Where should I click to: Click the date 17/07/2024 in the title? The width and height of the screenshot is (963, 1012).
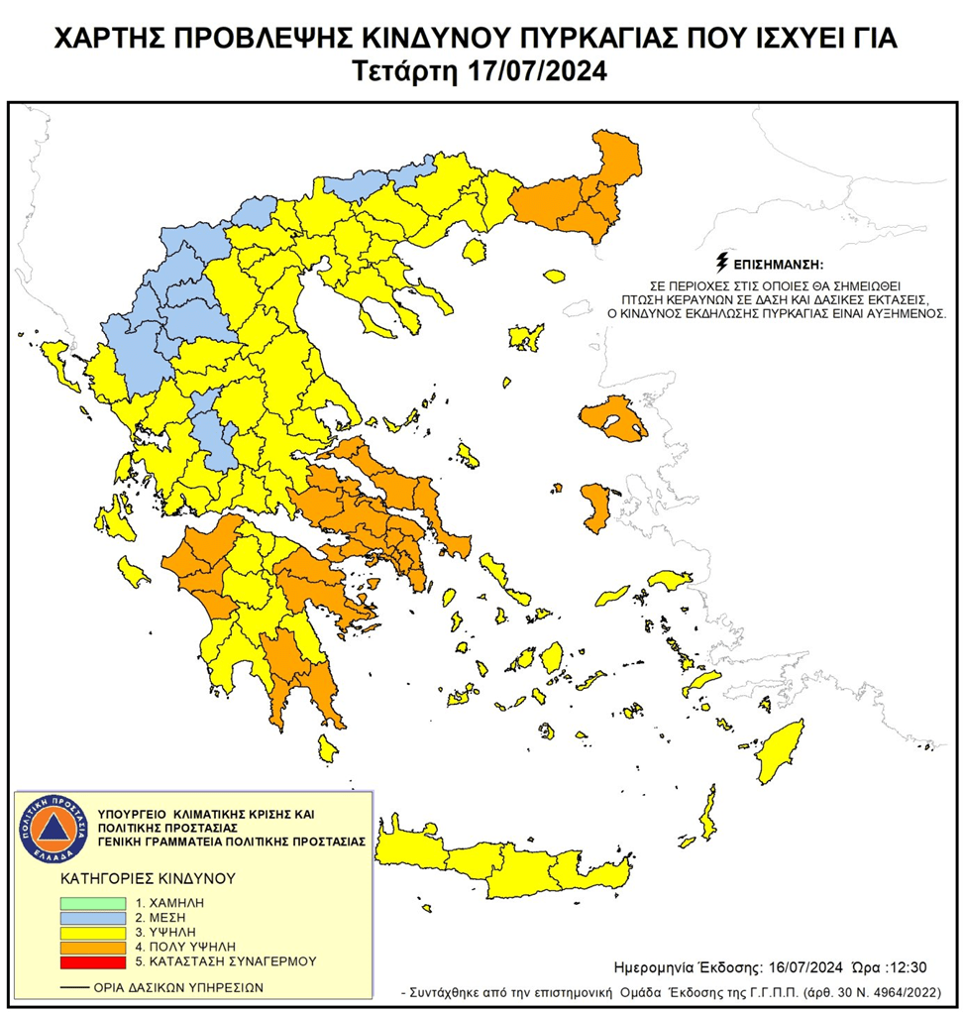(540, 72)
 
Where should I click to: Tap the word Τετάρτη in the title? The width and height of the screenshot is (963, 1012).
(403, 72)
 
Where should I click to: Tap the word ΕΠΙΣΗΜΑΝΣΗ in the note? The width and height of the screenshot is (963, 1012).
(778, 265)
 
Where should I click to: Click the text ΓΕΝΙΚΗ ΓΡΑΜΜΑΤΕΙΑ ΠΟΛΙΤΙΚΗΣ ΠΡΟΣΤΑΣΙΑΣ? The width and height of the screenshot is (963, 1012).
(233, 841)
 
